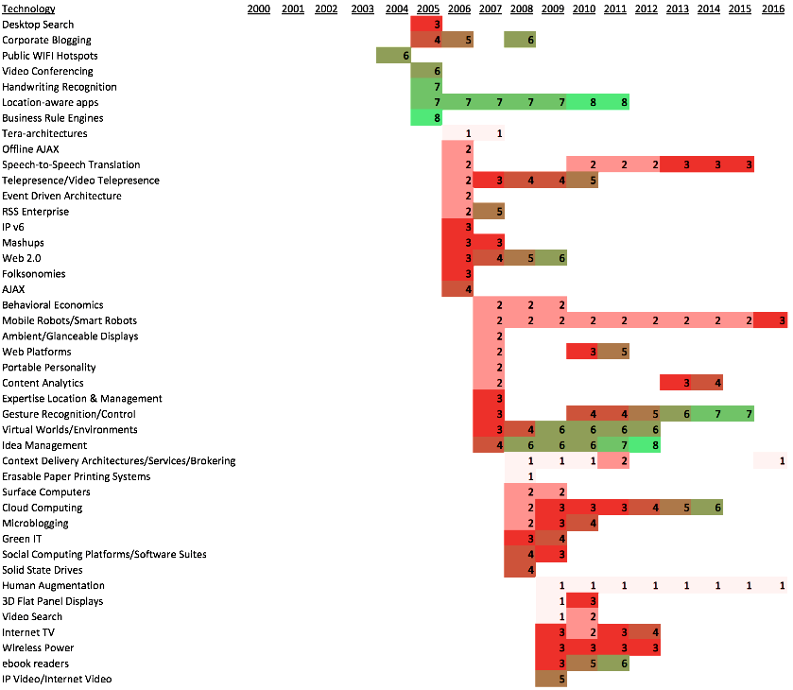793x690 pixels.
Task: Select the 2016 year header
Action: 770,9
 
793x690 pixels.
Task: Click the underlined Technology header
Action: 28,9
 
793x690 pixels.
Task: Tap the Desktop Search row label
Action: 38,25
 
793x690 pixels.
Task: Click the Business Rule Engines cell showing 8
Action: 426,118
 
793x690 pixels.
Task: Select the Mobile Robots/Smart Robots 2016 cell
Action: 770,321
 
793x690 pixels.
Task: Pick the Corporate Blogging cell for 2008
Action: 520,41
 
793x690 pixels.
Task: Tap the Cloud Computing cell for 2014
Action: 707,508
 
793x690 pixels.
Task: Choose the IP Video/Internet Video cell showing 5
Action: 551,680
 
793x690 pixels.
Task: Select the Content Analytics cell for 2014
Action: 707,383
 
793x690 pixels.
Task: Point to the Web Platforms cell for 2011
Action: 613,352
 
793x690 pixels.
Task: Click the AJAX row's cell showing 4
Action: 457,289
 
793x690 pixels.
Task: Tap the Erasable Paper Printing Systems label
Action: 76,476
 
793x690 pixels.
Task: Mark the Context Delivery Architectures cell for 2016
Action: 770,461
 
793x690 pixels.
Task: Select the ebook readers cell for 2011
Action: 613,664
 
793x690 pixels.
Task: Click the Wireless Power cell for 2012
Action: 645,648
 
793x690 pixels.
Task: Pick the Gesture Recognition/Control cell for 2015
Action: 738,414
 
